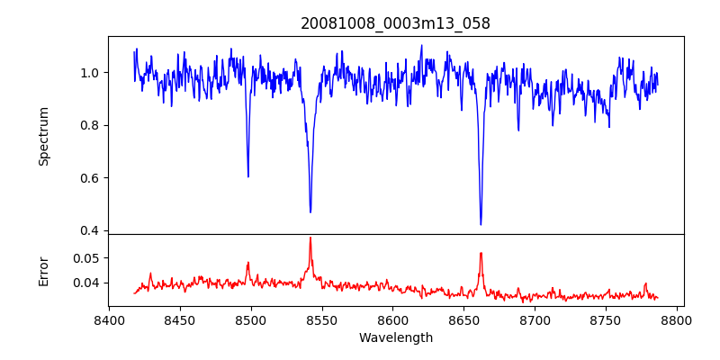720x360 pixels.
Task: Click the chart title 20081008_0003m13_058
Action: click(396, 23)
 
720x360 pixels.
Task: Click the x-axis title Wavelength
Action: click(396, 337)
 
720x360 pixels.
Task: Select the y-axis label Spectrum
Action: click(44, 136)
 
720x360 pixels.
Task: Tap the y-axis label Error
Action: click(44, 270)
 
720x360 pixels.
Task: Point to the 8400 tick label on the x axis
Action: click(109, 319)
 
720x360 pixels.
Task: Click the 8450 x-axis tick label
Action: click(180, 319)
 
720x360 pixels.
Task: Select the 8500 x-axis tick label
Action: click(251, 319)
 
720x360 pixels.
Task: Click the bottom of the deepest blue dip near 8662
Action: click(481, 224)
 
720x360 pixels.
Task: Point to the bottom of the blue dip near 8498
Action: click(248, 176)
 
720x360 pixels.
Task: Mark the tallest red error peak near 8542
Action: click(310, 238)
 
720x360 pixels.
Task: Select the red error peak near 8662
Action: click(481, 253)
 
